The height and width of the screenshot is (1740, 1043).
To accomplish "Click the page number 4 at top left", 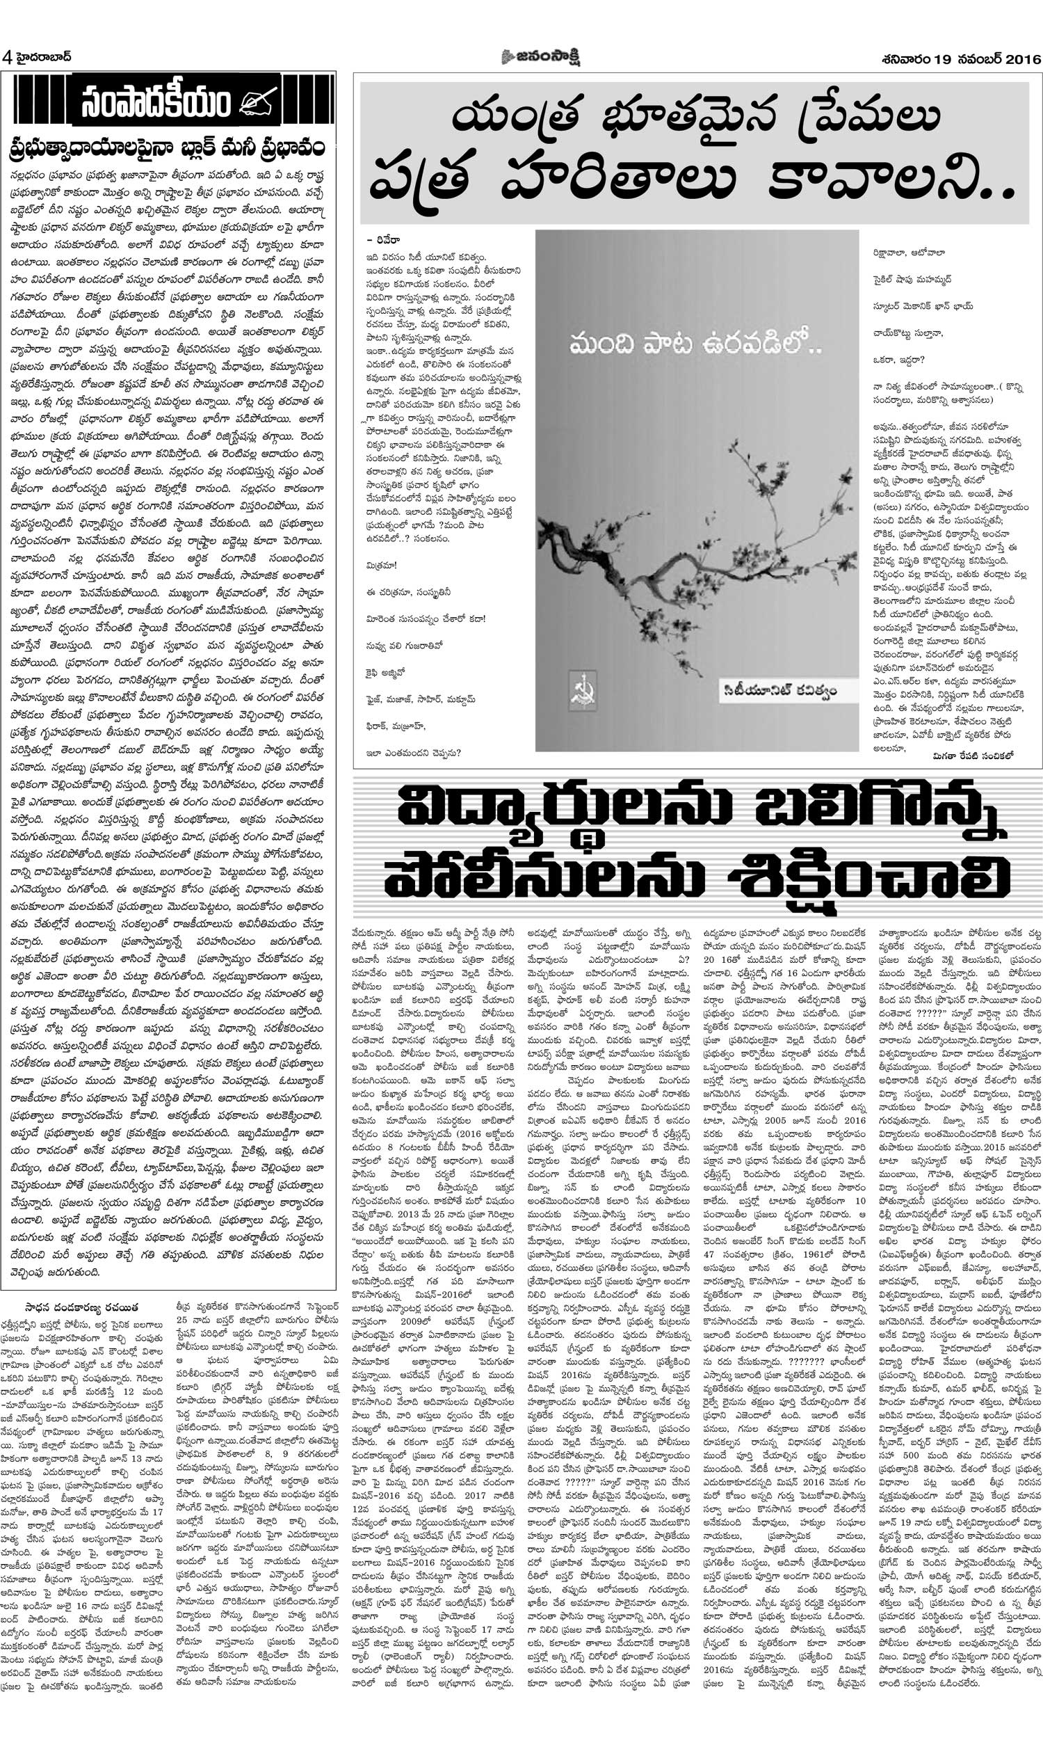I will tap(7, 56).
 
